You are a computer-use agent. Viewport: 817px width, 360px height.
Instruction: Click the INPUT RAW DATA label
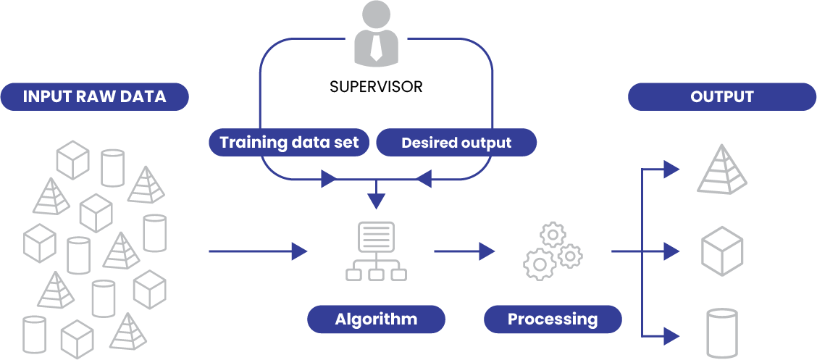(x=95, y=97)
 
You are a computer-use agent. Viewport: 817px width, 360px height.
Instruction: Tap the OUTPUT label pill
(x=721, y=97)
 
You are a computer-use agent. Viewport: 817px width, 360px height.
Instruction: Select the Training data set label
(x=289, y=142)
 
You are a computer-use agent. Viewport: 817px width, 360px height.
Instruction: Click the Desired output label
(x=456, y=143)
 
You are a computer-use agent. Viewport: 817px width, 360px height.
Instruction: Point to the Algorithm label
(x=376, y=319)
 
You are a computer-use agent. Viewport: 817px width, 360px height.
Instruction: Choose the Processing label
(x=553, y=319)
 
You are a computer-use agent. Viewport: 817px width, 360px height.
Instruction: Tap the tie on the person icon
(x=376, y=46)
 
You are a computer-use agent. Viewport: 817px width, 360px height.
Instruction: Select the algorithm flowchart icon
(x=376, y=251)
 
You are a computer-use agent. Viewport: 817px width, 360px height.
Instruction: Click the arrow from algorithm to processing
(x=464, y=251)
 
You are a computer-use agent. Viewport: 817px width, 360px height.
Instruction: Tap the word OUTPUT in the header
(x=721, y=97)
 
